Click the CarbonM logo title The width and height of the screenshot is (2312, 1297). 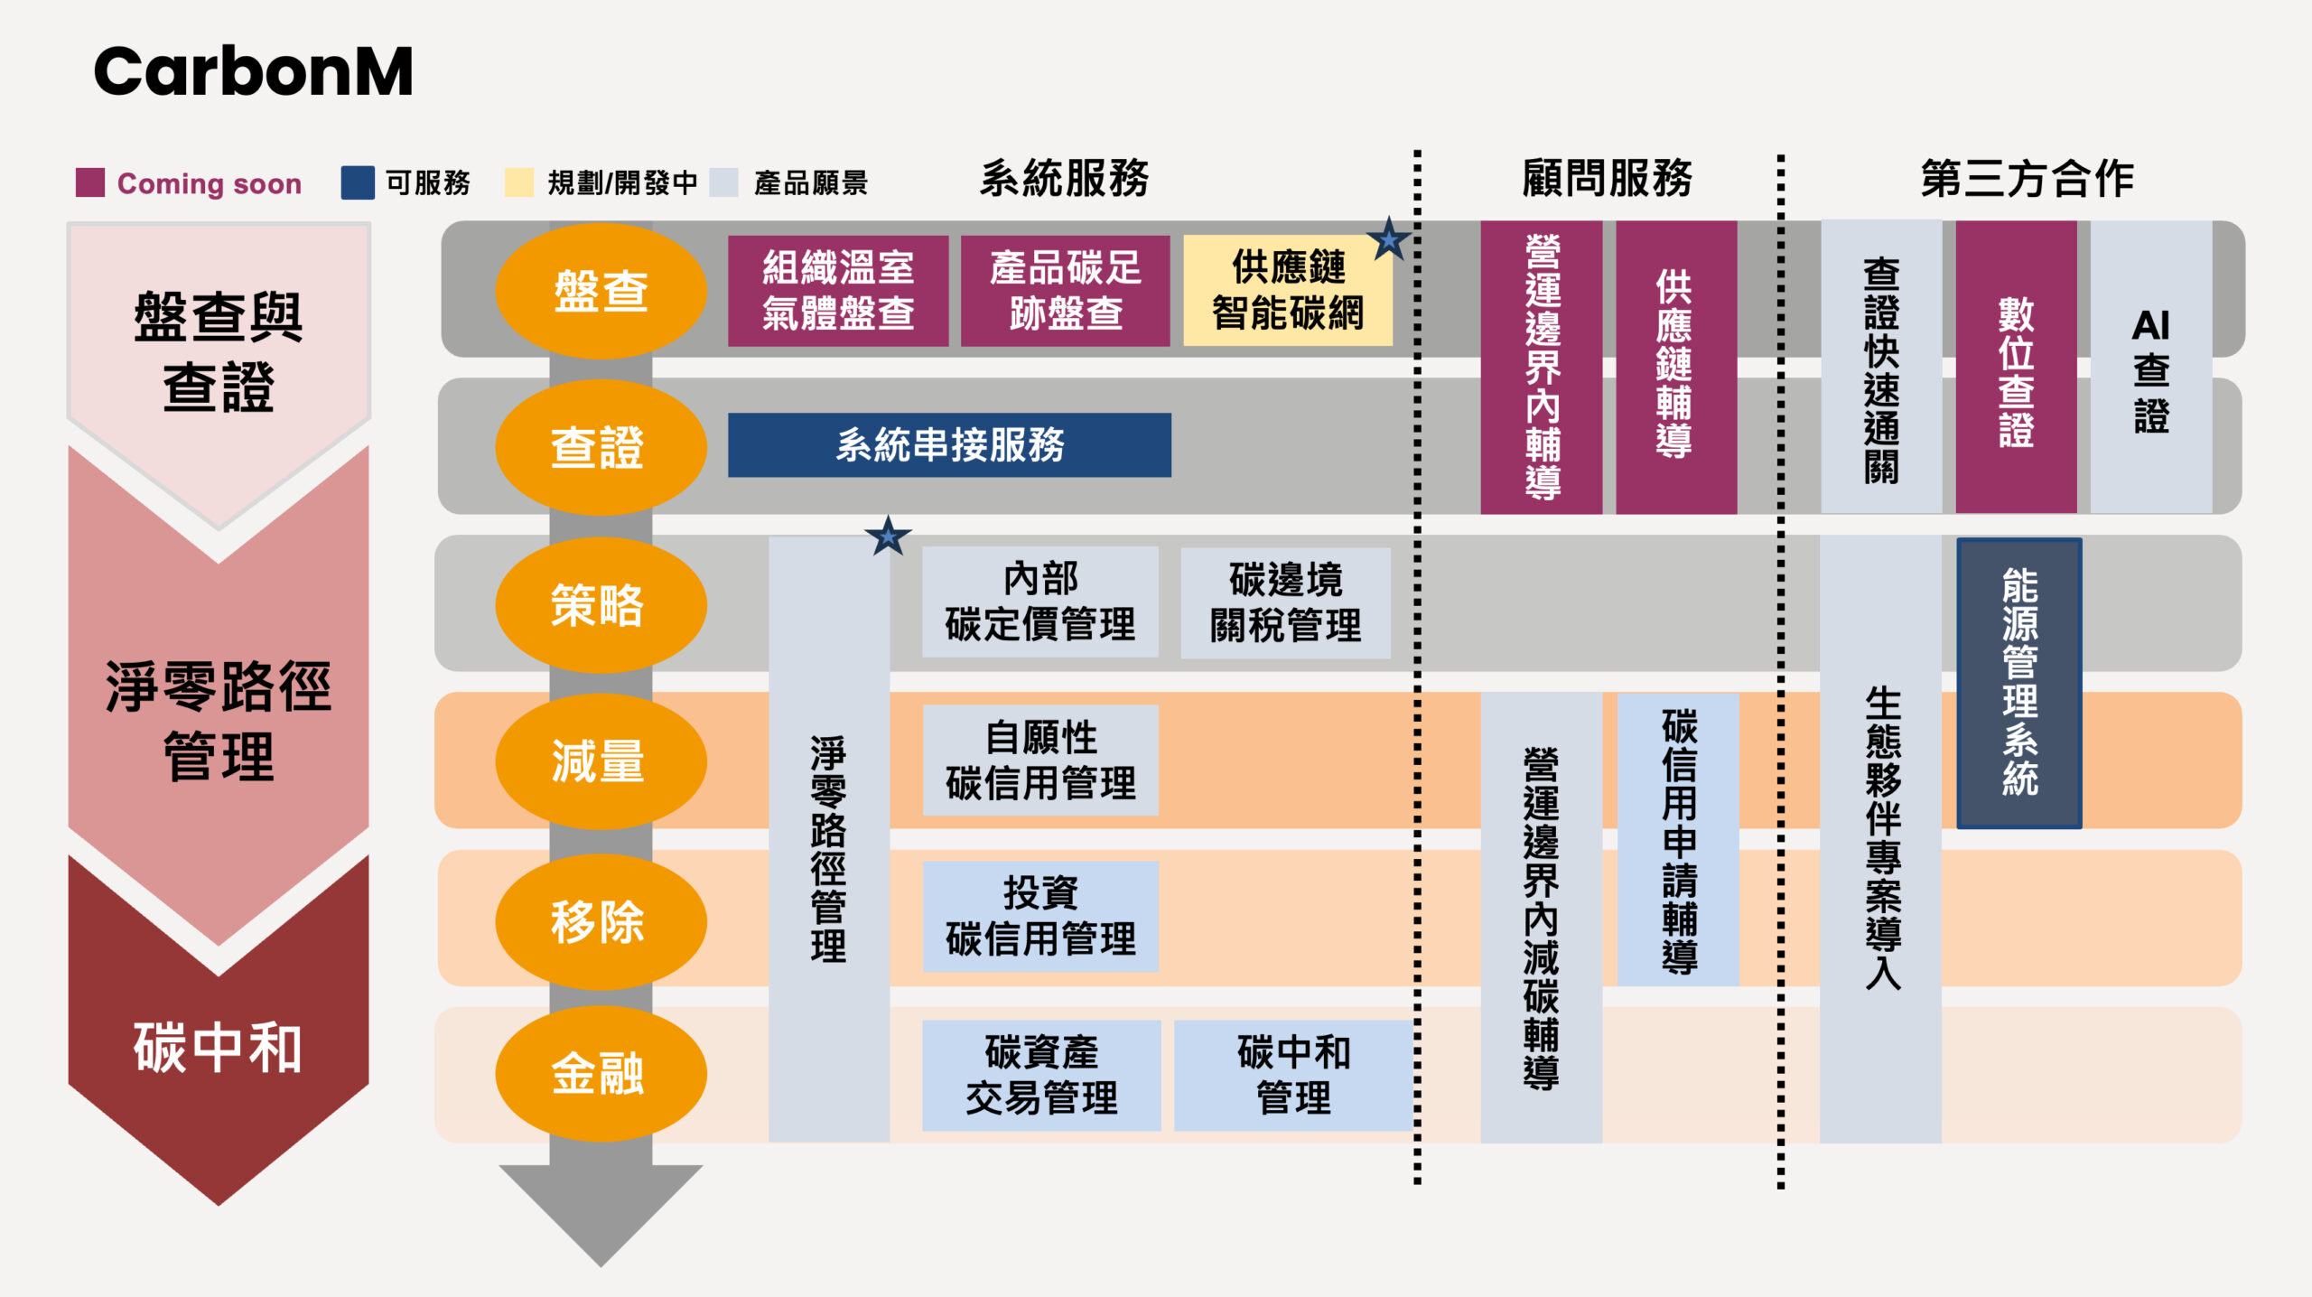pyautogui.click(x=253, y=71)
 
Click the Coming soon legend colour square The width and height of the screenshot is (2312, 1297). pyautogui.click(x=90, y=182)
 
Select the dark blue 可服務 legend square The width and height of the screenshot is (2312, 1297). pyautogui.click(x=358, y=182)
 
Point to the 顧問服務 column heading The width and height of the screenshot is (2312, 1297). pyautogui.click(x=1607, y=178)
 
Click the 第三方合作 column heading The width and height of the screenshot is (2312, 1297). pyautogui.click(x=2027, y=178)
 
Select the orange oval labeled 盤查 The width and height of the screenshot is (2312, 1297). pyautogui.click(x=601, y=291)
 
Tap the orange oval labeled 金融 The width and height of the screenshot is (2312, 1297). pyautogui.click(x=601, y=1074)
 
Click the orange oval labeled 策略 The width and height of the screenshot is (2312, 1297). pyautogui.click(x=601, y=604)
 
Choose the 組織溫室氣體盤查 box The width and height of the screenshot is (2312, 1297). pyautogui.click(x=838, y=291)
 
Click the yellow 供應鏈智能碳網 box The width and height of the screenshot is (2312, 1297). pyautogui.click(x=1287, y=291)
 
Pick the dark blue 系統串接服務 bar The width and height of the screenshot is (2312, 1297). pyautogui.click(x=949, y=444)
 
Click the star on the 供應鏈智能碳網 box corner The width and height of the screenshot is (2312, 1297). pyautogui.click(x=1388, y=239)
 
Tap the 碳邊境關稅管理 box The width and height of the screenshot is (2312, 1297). pyautogui.click(x=1285, y=602)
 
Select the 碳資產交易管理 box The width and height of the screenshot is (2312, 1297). pyautogui.click(x=1041, y=1075)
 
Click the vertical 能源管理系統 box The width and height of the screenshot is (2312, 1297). pyautogui.click(x=2019, y=683)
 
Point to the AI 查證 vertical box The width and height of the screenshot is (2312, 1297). pyautogui.click(x=2150, y=368)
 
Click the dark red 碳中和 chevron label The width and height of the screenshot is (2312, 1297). pyautogui.click(x=218, y=1048)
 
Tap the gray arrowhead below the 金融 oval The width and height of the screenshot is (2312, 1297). pyautogui.click(x=601, y=1210)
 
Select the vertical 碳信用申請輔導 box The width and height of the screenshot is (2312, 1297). pyautogui.click(x=1678, y=840)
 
